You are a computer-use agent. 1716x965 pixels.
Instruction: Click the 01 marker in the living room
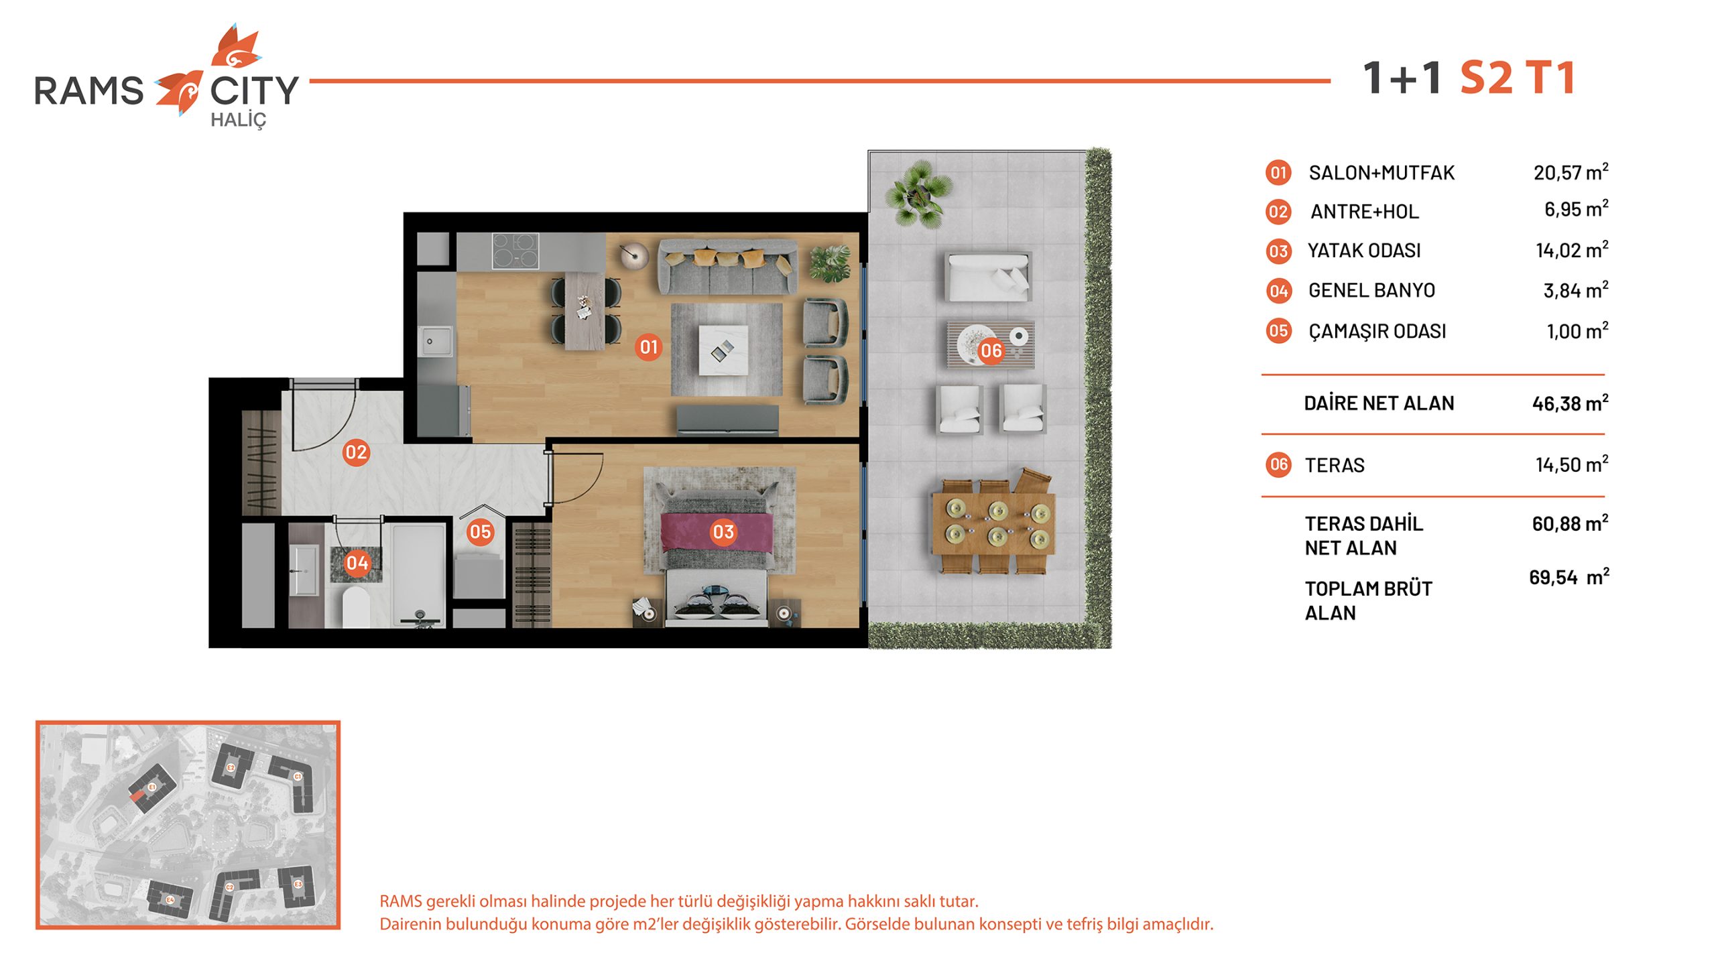(648, 347)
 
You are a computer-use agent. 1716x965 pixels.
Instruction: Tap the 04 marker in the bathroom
(357, 563)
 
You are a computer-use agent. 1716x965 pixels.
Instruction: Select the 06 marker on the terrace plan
(991, 350)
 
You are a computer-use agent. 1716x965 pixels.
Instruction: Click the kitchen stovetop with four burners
(515, 251)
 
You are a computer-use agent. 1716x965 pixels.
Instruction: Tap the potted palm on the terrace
(918, 194)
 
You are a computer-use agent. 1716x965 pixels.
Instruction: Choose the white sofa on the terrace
(988, 277)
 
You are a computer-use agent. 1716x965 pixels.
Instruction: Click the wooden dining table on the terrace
(993, 523)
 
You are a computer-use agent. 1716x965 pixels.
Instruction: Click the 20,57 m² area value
(1571, 172)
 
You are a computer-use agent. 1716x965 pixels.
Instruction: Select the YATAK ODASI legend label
(1363, 251)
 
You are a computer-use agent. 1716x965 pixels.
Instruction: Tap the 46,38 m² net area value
(1570, 403)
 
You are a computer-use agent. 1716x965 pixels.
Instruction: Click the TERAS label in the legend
(1334, 465)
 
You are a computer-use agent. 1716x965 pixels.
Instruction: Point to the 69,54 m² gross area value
(1569, 577)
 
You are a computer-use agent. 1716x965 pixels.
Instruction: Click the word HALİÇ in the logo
(238, 120)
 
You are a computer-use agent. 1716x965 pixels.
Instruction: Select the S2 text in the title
(1486, 78)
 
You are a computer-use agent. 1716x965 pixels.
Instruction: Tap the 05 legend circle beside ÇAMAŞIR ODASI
(1278, 330)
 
